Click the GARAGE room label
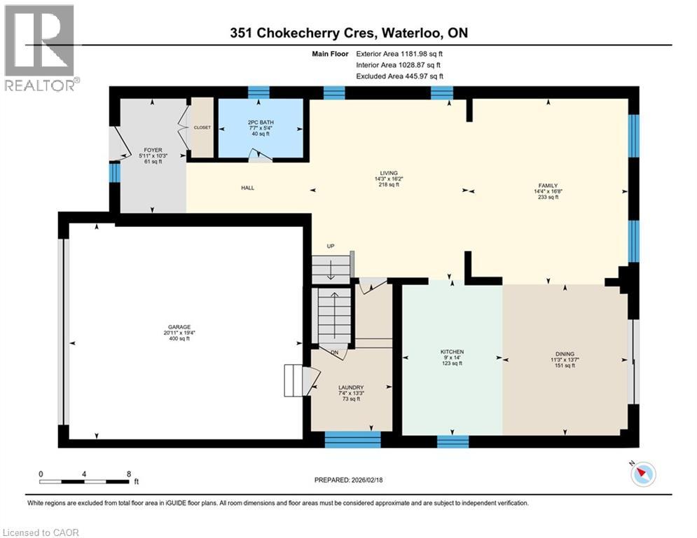177,327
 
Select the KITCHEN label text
452,352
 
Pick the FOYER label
153,150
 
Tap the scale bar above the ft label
84,481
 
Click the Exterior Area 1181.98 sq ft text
399,53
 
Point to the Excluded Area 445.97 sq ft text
399,76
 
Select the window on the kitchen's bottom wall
452,441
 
